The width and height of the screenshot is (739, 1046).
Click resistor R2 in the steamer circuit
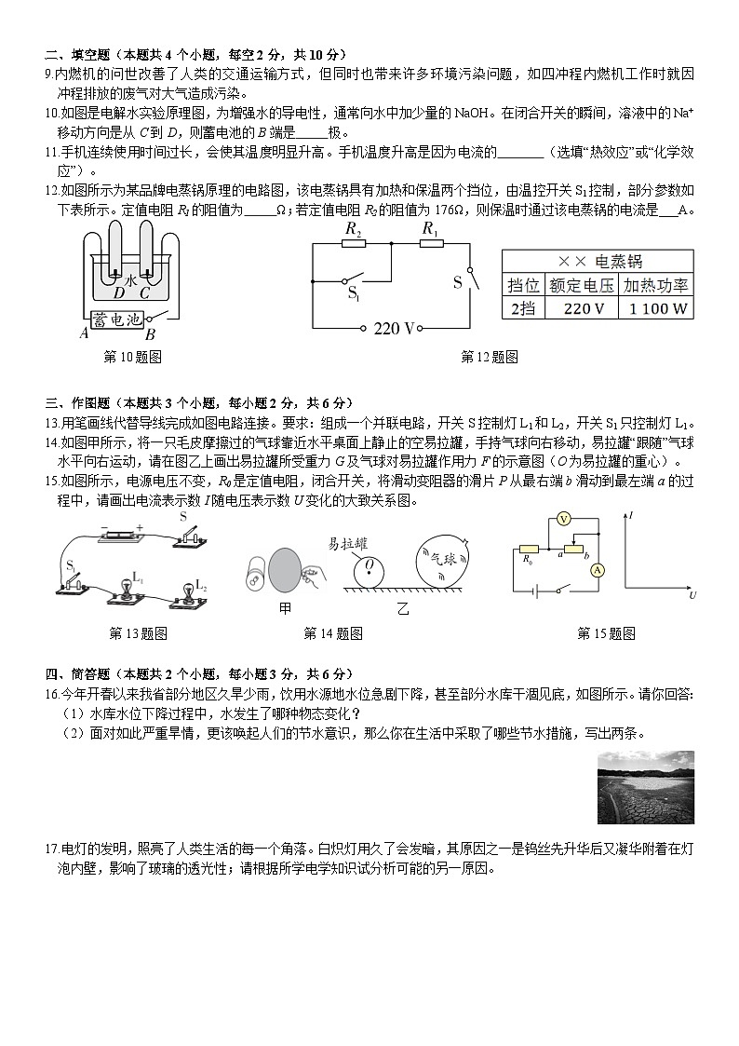(353, 242)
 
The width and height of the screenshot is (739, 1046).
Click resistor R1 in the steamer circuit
(430, 242)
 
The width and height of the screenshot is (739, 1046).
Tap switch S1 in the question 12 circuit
(352, 282)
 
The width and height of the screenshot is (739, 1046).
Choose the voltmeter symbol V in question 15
(563, 518)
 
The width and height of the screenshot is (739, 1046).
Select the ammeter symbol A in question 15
(598, 569)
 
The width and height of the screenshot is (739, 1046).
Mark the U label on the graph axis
(692, 594)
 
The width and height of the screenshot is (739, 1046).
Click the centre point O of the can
(369, 564)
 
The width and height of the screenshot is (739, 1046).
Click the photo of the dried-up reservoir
(645, 787)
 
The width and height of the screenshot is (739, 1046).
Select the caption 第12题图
(490, 357)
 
